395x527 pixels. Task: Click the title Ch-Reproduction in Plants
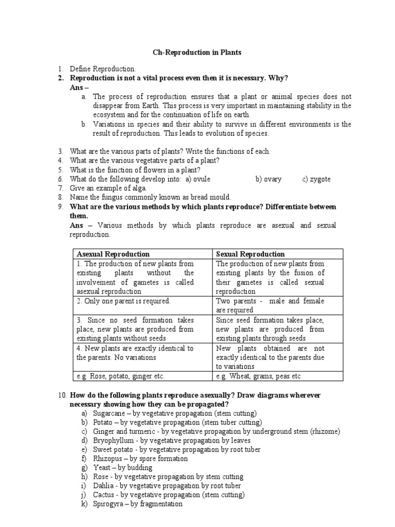coord(197,52)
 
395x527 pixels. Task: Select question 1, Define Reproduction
coord(103,68)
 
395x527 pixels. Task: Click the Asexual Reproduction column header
coord(113,254)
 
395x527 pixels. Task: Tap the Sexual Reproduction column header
coord(250,254)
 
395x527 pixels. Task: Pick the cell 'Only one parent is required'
coord(123,301)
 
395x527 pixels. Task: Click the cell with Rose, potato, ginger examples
coord(120,376)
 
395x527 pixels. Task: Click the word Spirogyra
coord(110,504)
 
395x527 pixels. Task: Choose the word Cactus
coord(104,495)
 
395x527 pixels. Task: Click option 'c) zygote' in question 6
coord(316,179)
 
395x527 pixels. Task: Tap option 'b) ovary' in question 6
coord(268,179)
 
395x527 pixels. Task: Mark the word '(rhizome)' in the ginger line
coord(324,431)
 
